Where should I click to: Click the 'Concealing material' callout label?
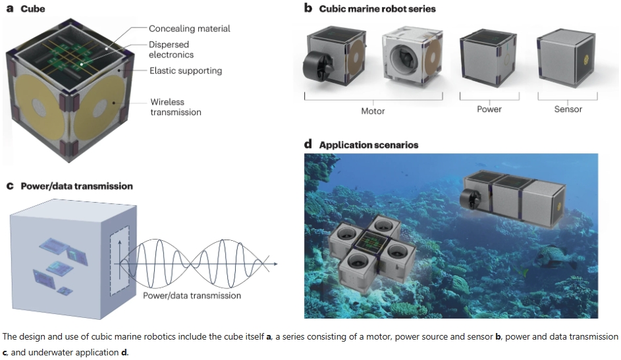pyautogui.click(x=189, y=29)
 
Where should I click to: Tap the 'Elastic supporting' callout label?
pyautogui.click(x=185, y=70)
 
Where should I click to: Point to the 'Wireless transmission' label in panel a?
pyautogui.click(x=175, y=107)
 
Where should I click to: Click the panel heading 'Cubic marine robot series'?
pyautogui.click(x=377, y=9)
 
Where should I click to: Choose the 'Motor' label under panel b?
pyautogui.click(x=373, y=111)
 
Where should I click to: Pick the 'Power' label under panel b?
pyautogui.click(x=489, y=109)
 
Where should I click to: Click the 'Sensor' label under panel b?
pyautogui.click(x=568, y=109)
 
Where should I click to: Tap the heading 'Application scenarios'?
pyautogui.click(x=368, y=145)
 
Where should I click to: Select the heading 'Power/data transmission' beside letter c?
pyautogui.click(x=76, y=186)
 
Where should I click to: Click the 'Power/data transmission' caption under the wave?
pyautogui.click(x=192, y=296)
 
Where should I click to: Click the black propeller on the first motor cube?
pyautogui.click(x=315, y=65)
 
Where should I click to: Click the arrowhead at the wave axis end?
pyautogui.click(x=275, y=265)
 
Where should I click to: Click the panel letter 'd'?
pyautogui.click(x=308, y=145)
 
